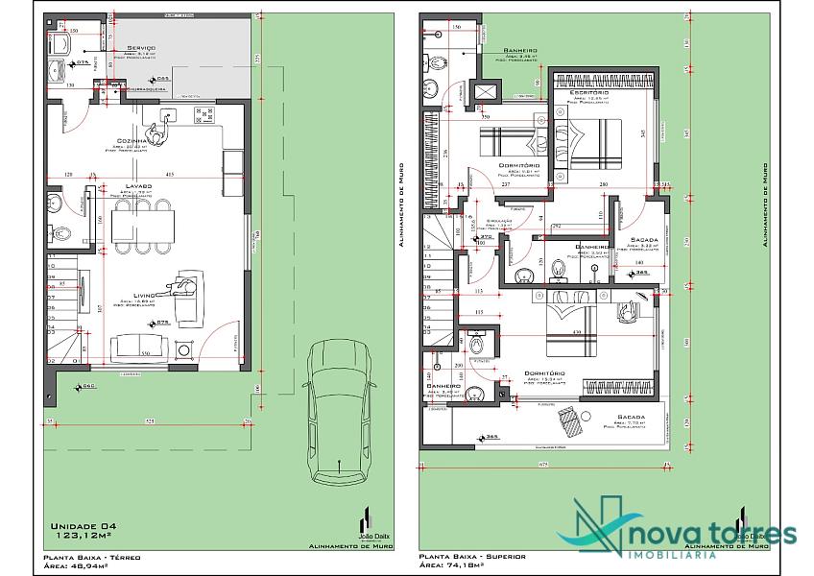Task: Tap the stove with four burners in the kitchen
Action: [x=204, y=114]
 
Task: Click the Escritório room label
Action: [x=591, y=92]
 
